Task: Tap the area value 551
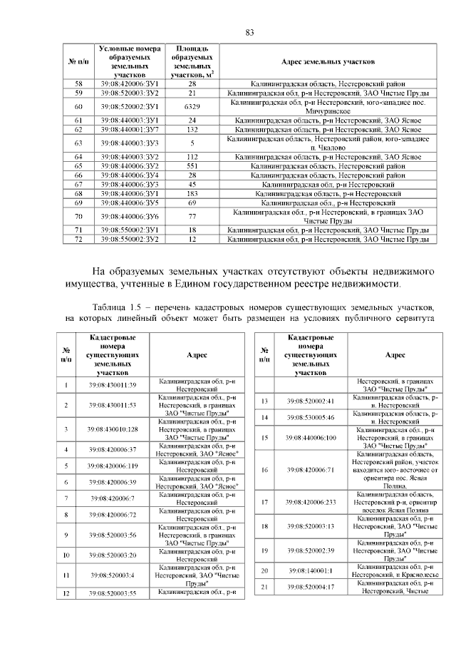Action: (x=192, y=165)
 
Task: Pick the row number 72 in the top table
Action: (x=78, y=239)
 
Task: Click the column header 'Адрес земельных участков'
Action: (x=328, y=62)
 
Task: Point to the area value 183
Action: (x=192, y=193)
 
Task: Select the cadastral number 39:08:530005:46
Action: (x=306, y=416)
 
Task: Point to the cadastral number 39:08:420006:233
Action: (x=306, y=502)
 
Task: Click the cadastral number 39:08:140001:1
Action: (x=306, y=571)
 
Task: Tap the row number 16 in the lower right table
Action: (x=264, y=470)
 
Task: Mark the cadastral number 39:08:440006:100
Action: (x=306, y=437)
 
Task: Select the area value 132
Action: (x=192, y=130)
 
